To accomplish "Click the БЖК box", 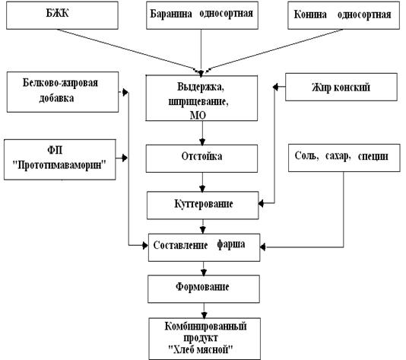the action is (x=62, y=15).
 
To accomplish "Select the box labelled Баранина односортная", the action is (x=202, y=15).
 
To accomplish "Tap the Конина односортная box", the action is (x=344, y=15).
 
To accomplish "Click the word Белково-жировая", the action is (x=60, y=83).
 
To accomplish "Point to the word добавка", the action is (x=56, y=98).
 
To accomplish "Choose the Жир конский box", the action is (x=341, y=87).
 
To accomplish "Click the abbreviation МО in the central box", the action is (x=198, y=116).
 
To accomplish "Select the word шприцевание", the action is (x=198, y=101).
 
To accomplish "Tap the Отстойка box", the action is (x=201, y=158).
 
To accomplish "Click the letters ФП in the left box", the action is (x=55, y=150).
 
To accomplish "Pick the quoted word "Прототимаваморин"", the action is (x=59, y=165).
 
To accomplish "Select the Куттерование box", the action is (x=203, y=205).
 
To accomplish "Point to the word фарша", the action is (x=230, y=244).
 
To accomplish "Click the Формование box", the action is (x=204, y=288).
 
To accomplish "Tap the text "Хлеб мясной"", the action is (x=201, y=349).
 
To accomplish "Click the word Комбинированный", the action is (x=205, y=327).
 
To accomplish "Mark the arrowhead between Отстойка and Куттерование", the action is (x=202, y=189).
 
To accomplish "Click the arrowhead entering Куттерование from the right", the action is (x=262, y=204).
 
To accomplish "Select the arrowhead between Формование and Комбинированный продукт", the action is (x=204, y=315).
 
